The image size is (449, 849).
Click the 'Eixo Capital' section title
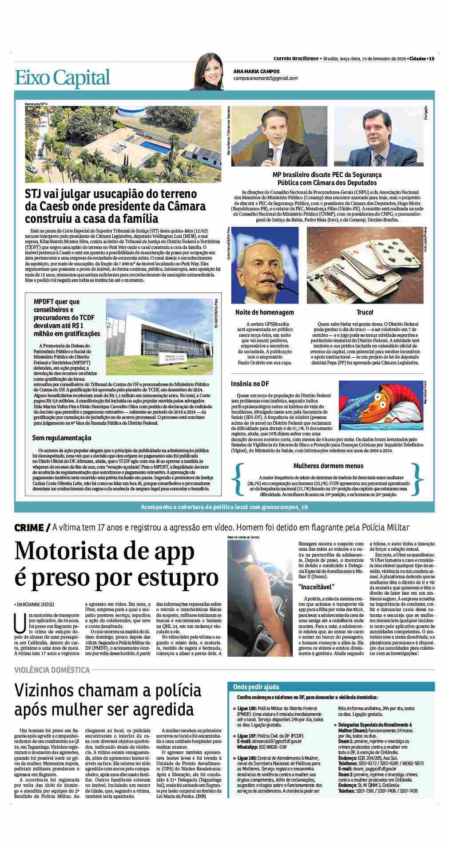[62, 78]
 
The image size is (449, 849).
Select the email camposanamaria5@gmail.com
[266, 78]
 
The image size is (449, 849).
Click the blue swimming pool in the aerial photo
[151, 145]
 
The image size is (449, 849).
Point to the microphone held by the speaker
[270, 152]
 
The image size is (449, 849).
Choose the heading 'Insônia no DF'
[250, 383]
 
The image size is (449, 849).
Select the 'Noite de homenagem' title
[264, 312]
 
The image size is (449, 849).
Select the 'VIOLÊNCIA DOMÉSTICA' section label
[52, 670]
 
